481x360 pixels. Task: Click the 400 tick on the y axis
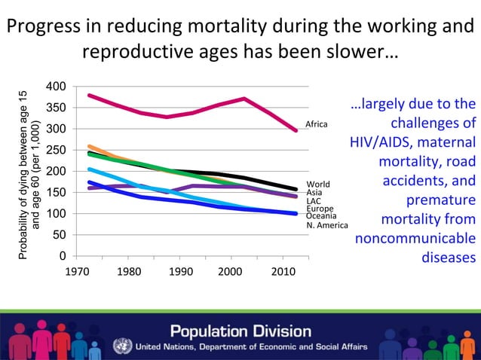56,86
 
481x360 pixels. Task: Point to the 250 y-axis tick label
56,150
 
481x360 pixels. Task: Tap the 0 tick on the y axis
61,256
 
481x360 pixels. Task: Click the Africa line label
316,124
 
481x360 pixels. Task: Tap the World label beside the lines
317,184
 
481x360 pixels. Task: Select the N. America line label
327,225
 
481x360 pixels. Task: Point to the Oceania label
321,216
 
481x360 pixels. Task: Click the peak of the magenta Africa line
244,99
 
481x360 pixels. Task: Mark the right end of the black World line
296,189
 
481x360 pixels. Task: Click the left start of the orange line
90,147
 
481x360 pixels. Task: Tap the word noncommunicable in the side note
415,239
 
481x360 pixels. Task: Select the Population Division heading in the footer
240,331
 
